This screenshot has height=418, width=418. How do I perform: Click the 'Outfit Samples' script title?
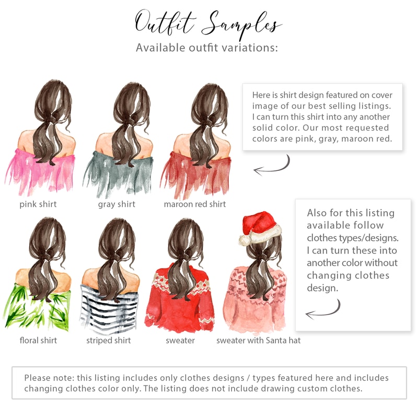pyautogui.click(x=208, y=24)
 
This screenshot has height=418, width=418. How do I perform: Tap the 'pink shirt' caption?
pyautogui.click(x=38, y=204)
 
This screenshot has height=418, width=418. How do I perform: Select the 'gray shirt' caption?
pyautogui.click(x=117, y=204)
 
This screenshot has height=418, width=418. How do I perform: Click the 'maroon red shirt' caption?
pyautogui.click(x=195, y=204)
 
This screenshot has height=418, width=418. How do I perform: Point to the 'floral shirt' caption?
pyautogui.click(x=38, y=341)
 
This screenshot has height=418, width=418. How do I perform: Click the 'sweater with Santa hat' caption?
pyautogui.click(x=259, y=341)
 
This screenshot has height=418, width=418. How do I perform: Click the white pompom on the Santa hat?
pyautogui.click(x=245, y=240)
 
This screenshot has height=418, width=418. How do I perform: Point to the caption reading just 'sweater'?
pyautogui.click(x=180, y=341)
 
